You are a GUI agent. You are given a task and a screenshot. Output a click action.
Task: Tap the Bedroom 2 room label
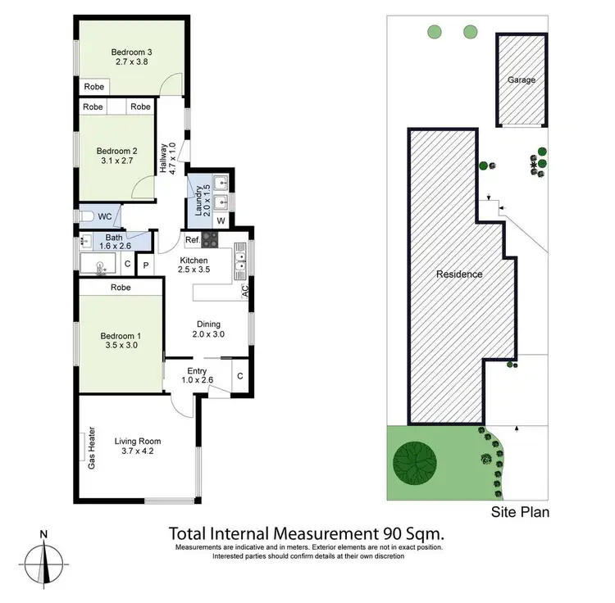tap(116, 151)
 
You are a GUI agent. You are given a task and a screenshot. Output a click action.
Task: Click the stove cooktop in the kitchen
tap(210, 240)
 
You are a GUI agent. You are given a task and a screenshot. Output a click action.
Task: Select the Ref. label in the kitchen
tap(192, 240)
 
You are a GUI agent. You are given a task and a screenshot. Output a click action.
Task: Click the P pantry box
tap(146, 265)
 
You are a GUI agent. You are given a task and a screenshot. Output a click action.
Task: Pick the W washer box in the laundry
tap(221, 220)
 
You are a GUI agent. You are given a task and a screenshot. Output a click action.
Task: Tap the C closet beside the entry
tap(240, 376)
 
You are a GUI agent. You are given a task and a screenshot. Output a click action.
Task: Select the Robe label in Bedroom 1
tap(121, 288)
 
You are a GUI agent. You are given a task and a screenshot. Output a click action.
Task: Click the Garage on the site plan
tap(521, 80)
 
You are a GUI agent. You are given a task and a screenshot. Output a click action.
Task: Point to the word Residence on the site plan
tap(459, 274)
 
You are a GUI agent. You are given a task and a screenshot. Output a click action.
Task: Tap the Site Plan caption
tap(520, 513)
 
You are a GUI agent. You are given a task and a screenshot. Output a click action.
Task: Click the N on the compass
tap(43, 536)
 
